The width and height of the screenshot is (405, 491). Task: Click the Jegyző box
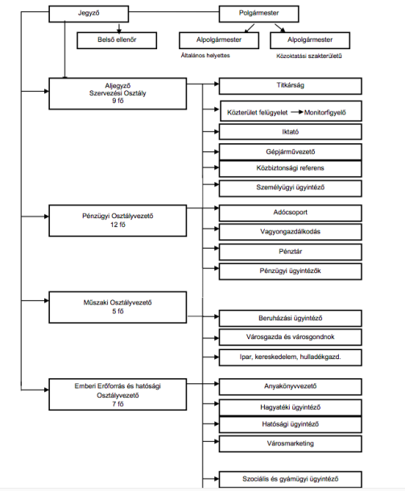pos(89,14)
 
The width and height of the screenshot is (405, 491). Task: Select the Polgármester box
pos(258,14)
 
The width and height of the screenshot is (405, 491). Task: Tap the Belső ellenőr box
pos(117,40)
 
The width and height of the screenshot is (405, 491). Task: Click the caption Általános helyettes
pos(205,56)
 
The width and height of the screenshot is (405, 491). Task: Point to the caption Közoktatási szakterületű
pos(309,56)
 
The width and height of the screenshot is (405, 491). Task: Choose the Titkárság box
pos(291,86)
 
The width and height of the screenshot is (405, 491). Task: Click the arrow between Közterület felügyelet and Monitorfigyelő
pos(297,112)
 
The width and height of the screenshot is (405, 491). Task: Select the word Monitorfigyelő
pos(324,113)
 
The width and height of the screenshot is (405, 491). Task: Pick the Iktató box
pos(291,132)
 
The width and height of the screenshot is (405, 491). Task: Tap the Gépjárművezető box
pos(291,152)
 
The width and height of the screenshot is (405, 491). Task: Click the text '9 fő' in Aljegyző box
pos(118,101)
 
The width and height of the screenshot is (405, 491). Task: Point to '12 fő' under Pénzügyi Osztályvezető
pos(118,225)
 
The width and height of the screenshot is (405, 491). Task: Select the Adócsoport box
pos(291,213)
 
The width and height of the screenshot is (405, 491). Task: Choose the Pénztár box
pos(291,252)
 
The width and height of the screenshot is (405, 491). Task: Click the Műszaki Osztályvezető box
pos(118,307)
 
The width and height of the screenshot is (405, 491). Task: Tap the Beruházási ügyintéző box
pos(291,319)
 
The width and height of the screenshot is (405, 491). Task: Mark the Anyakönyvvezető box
pos(291,386)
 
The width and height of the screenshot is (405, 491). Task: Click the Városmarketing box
pos(291,444)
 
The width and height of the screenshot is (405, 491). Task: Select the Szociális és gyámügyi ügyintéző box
pos(291,480)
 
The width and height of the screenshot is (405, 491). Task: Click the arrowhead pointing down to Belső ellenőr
pos(118,31)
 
